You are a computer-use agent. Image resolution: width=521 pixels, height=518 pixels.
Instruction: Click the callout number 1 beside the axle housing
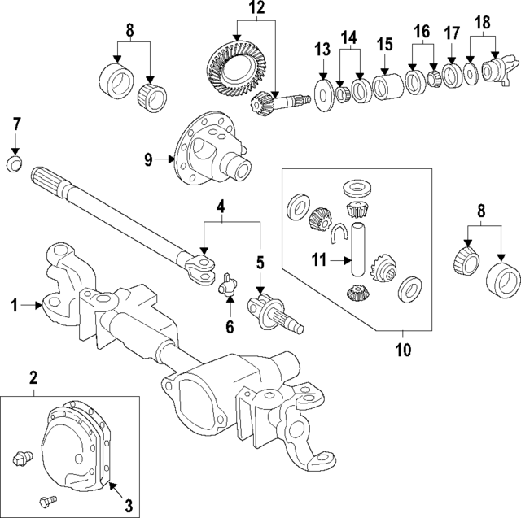15,306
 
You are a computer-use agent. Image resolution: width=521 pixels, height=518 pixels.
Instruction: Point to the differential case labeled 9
210,151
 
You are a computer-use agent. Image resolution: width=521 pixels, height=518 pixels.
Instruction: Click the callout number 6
230,327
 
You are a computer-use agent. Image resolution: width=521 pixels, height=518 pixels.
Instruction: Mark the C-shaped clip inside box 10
339,236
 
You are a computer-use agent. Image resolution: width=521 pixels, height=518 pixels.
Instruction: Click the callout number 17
452,34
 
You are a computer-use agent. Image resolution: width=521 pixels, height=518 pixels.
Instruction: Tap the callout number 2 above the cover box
33,377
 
